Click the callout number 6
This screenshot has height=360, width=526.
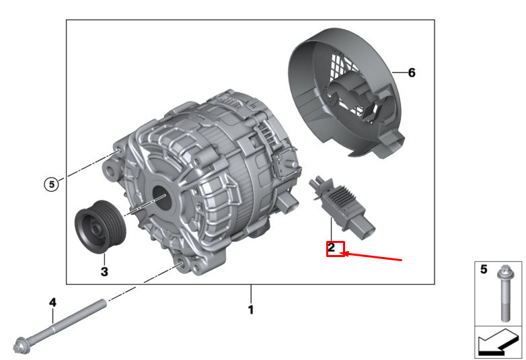(x=412, y=73)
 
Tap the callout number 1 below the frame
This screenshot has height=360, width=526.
(x=251, y=310)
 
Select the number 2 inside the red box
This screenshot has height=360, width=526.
(x=332, y=248)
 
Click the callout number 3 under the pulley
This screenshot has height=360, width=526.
(x=104, y=271)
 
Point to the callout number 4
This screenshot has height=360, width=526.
(x=52, y=303)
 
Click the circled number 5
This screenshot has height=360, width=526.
(x=51, y=184)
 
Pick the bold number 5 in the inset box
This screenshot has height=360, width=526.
(x=484, y=269)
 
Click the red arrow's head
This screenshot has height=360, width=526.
(x=343, y=253)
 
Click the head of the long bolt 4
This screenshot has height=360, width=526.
(x=21, y=346)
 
